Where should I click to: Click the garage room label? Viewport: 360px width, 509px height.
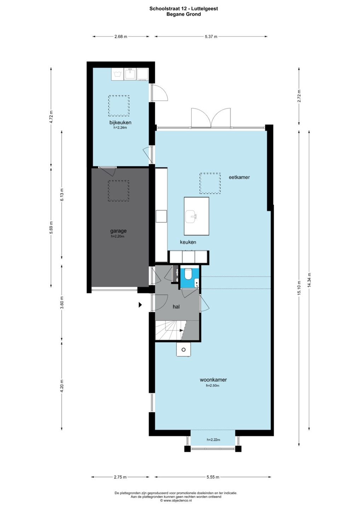click(118, 231)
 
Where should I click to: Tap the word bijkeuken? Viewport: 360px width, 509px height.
click(120, 122)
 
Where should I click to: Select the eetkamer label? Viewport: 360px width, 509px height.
click(239, 177)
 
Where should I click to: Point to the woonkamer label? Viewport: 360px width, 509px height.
click(213, 380)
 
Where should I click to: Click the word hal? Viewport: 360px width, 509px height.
click(176, 306)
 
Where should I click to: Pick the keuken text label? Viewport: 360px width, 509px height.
click(188, 242)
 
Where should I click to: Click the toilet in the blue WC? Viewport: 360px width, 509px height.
click(188, 274)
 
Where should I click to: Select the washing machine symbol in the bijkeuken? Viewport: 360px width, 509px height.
click(117, 74)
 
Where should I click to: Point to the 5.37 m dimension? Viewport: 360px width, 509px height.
click(211, 36)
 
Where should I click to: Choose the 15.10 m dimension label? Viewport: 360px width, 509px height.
click(299, 288)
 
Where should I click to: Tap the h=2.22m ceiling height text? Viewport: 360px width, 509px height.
click(213, 440)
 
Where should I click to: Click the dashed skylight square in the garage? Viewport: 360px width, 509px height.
click(118, 191)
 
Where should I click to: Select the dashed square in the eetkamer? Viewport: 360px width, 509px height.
click(210, 183)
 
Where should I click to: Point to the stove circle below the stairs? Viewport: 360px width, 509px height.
click(184, 350)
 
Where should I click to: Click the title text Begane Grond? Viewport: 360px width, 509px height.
click(184, 14)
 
